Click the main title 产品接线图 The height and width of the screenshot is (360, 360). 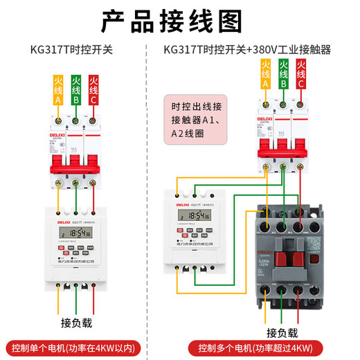click(179, 21)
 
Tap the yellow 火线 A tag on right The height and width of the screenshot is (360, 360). click(265, 74)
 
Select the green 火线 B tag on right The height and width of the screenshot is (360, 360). click(283, 74)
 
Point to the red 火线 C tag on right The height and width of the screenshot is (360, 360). click(301, 74)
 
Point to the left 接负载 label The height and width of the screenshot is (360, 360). click(75, 323)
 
